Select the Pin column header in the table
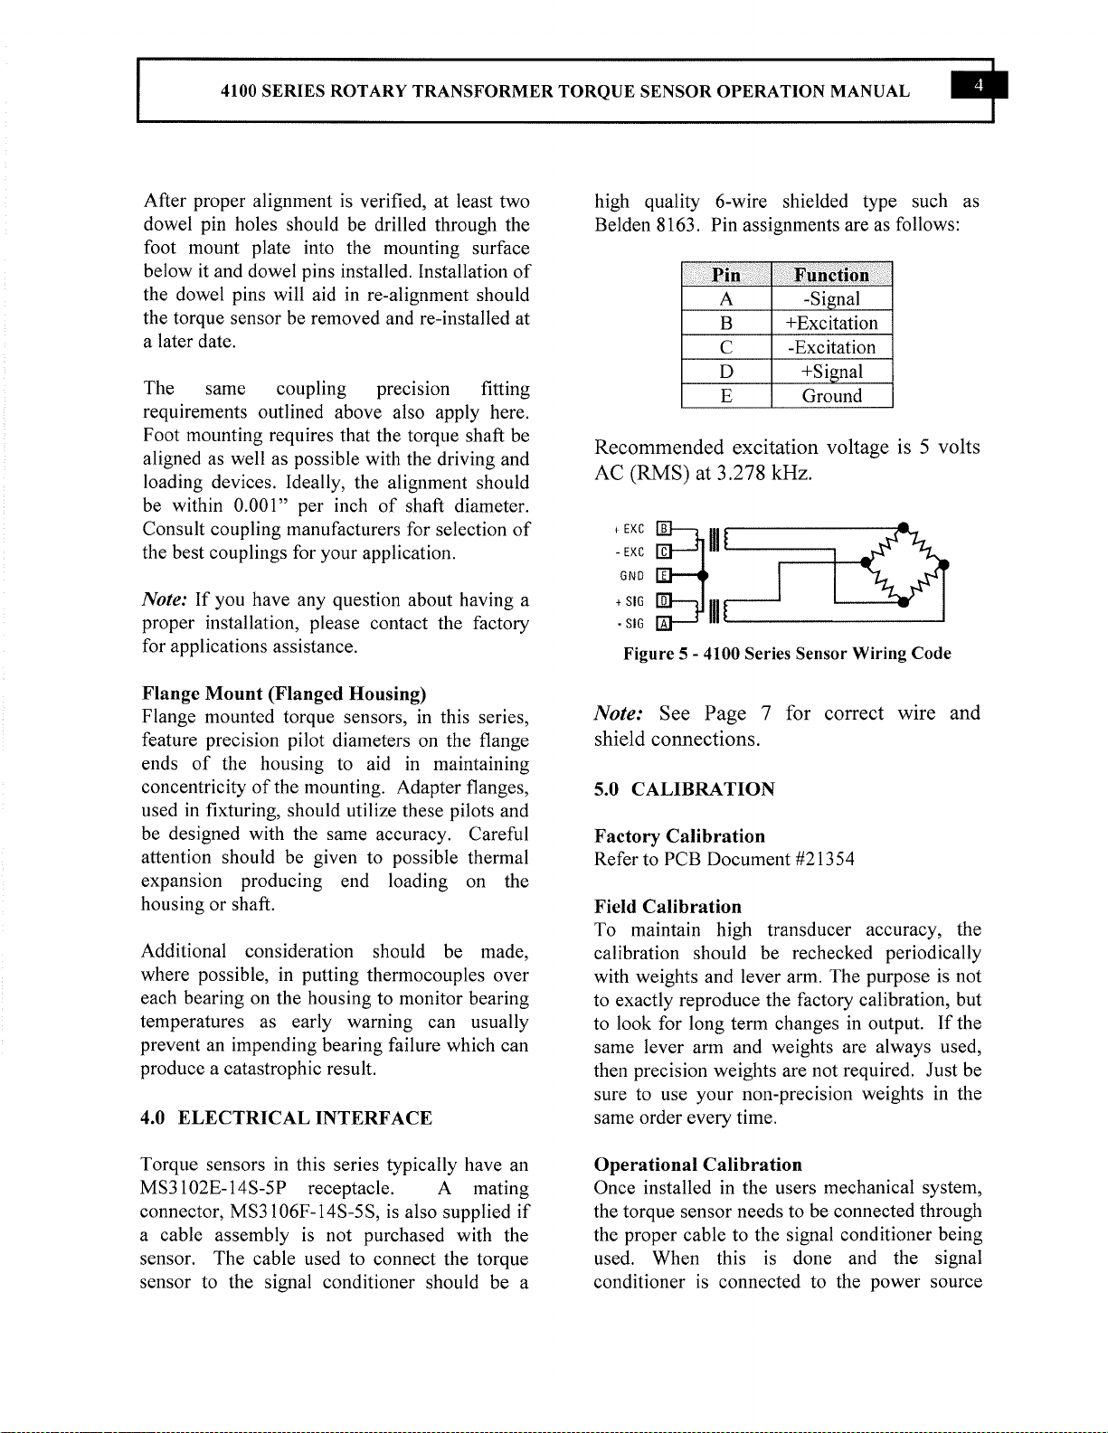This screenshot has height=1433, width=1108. (x=725, y=275)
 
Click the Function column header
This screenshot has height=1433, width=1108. (x=831, y=275)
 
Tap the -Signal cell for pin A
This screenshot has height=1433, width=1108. (x=831, y=299)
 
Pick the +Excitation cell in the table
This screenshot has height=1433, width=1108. (x=831, y=324)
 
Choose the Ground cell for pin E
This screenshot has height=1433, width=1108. (x=831, y=396)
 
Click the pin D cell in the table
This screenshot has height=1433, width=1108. (x=725, y=372)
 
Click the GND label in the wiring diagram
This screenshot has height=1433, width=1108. (x=630, y=576)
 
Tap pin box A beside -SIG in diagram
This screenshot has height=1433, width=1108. (x=663, y=622)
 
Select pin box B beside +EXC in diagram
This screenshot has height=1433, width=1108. (x=663, y=529)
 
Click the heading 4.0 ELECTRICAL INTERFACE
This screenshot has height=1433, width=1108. (x=287, y=1118)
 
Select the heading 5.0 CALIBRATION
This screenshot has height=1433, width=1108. (x=684, y=789)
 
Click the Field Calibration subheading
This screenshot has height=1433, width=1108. (x=668, y=907)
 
